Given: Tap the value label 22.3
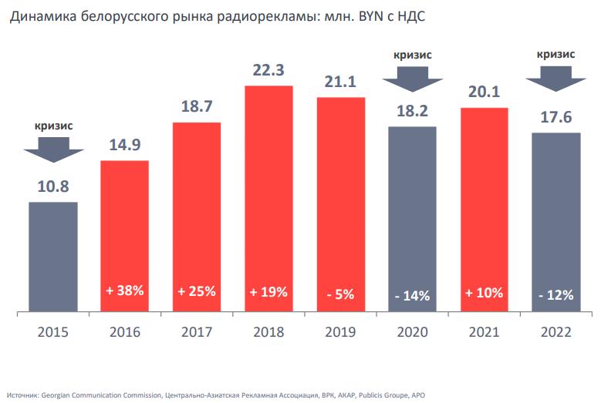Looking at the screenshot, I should pos(268,70).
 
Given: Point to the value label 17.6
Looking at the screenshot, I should pos(555,117).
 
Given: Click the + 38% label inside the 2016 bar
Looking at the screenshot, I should pos(125,292).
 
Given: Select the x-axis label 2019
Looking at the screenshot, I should pos(340,332).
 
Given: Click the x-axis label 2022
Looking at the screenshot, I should pos(555,332).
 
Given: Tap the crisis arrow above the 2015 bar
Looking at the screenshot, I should pos(53,149).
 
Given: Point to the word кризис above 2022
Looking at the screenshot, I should pos(555,54).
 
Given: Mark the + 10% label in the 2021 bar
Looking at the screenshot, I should pos(484,292).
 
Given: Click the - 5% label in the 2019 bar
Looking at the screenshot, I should pos(340,294).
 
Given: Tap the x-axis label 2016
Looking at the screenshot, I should pos(125,332).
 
